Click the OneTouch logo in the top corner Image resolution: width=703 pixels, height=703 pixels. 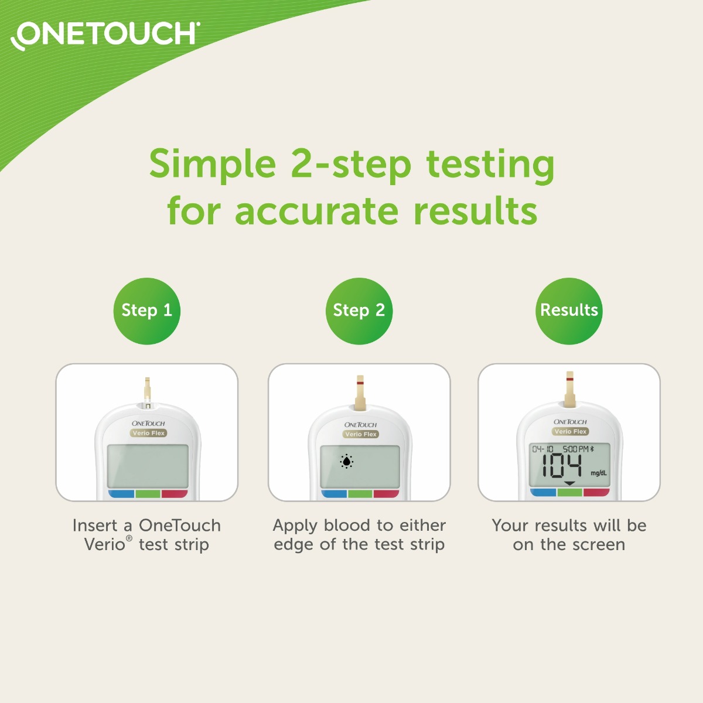[105, 35]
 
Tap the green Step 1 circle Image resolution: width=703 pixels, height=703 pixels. [146, 310]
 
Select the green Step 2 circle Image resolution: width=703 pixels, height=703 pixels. [359, 310]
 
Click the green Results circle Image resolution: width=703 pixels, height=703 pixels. [569, 310]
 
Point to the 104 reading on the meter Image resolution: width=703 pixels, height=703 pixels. [561, 467]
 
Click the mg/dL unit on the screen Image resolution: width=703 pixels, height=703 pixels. [599, 473]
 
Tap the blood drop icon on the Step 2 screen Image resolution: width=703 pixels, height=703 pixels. [347, 462]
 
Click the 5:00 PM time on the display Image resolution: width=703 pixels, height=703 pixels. [575, 449]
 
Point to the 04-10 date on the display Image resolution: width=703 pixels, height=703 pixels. [542, 449]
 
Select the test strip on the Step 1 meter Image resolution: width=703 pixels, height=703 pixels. [147, 390]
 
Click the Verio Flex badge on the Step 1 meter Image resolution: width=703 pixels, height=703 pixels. [149, 433]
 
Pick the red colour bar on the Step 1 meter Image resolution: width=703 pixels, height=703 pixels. [174, 494]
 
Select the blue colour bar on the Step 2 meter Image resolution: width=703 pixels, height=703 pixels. [334, 494]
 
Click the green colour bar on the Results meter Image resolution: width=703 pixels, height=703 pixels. [569, 493]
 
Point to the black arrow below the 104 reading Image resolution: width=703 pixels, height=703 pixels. [569, 484]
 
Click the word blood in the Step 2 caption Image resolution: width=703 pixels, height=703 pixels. [348, 525]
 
